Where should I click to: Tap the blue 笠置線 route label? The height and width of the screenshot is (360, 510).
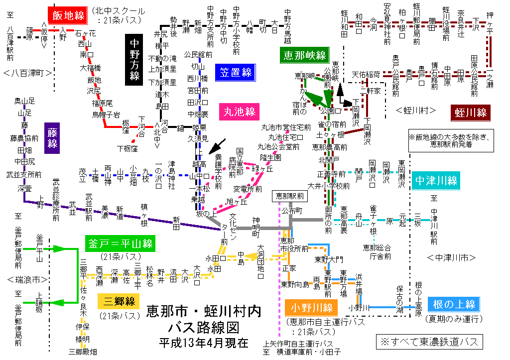235,73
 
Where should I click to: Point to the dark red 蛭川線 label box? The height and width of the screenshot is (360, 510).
471,113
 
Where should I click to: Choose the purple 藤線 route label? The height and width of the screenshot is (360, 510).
52,137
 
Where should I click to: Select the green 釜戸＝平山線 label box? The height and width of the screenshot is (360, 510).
120,243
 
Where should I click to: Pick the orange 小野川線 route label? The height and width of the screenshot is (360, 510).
309,308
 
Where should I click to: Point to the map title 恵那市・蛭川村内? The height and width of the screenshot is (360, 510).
203,312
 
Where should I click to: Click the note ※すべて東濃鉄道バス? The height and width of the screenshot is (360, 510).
429,342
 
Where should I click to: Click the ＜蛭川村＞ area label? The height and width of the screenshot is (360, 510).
416,110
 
